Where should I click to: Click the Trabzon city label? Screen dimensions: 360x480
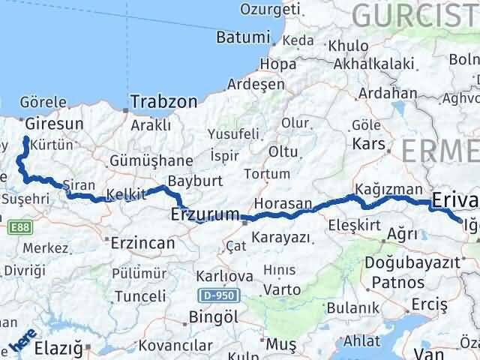click(164, 100)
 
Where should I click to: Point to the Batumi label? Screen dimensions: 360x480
click(241, 37)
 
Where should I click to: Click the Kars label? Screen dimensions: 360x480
click(370, 142)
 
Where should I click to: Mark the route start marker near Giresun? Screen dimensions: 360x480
click(26, 139)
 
